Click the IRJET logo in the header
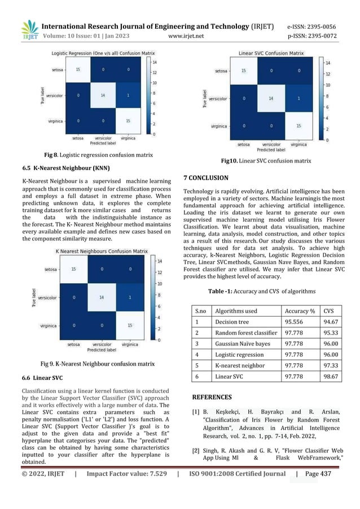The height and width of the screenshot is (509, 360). point(29,30)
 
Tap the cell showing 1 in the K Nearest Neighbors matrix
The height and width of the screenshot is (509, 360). point(129,296)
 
